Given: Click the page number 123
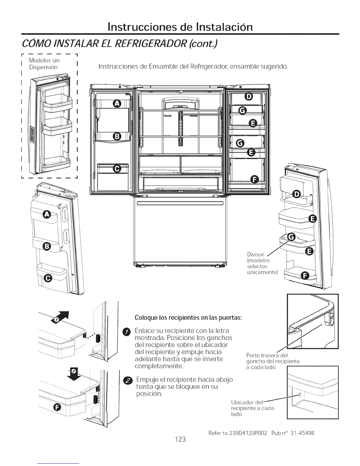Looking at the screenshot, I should click(x=180, y=439).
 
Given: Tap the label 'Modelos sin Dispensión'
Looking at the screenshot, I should click(x=44, y=64).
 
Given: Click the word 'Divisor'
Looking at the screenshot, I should click(x=256, y=254).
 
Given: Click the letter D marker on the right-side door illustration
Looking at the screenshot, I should click(x=297, y=194).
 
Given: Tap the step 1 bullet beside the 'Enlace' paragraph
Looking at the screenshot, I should click(x=127, y=332).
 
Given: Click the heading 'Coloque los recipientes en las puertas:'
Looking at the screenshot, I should click(x=188, y=318).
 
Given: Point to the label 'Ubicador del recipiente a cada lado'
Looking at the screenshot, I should click(x=253, y=408).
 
